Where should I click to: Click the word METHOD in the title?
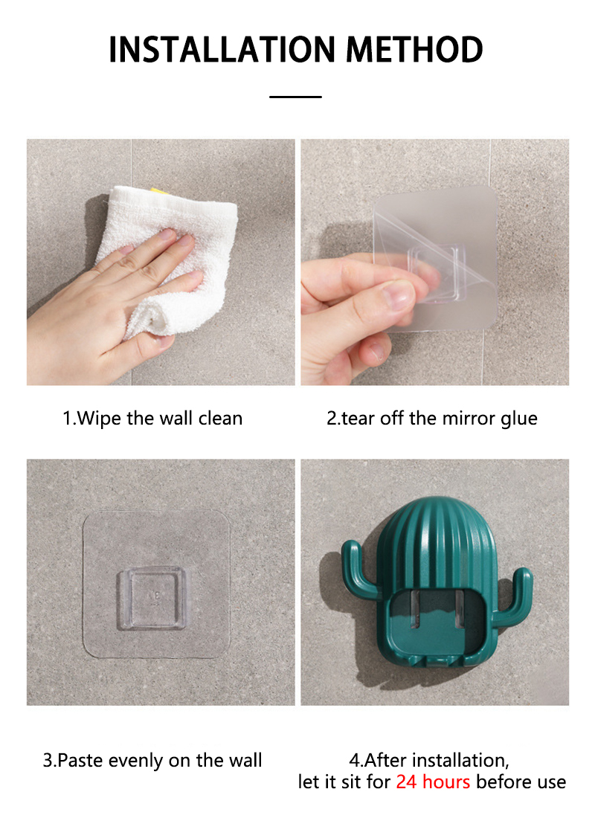[415, 50]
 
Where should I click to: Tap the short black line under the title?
[295, 97]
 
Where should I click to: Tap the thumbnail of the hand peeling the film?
[435, 262]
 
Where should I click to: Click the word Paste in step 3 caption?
[80, 761]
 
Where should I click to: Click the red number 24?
[406, 782]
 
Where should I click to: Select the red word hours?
[446, 782]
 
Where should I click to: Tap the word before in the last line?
[505, 782]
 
